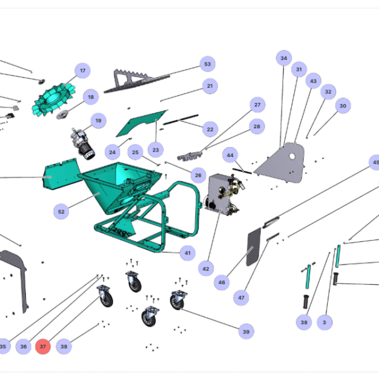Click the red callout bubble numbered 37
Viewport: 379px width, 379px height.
click(x=43, y=346)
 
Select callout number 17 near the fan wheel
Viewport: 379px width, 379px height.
click(x=83, y=71)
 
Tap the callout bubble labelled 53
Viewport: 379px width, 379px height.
click(x=208, y=64)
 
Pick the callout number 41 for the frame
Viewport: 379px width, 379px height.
click(x=188, y=253)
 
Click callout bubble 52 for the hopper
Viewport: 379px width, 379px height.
click(x=61, y=212)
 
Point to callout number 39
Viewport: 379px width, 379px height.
click(x=246, y=332)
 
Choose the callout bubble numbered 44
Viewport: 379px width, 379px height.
click(x=230, y=155)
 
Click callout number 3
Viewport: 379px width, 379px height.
click(x=325, y=322)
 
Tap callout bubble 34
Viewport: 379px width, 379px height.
click(x=284, y=58)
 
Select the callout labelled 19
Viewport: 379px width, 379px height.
click(x=99, y=121)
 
